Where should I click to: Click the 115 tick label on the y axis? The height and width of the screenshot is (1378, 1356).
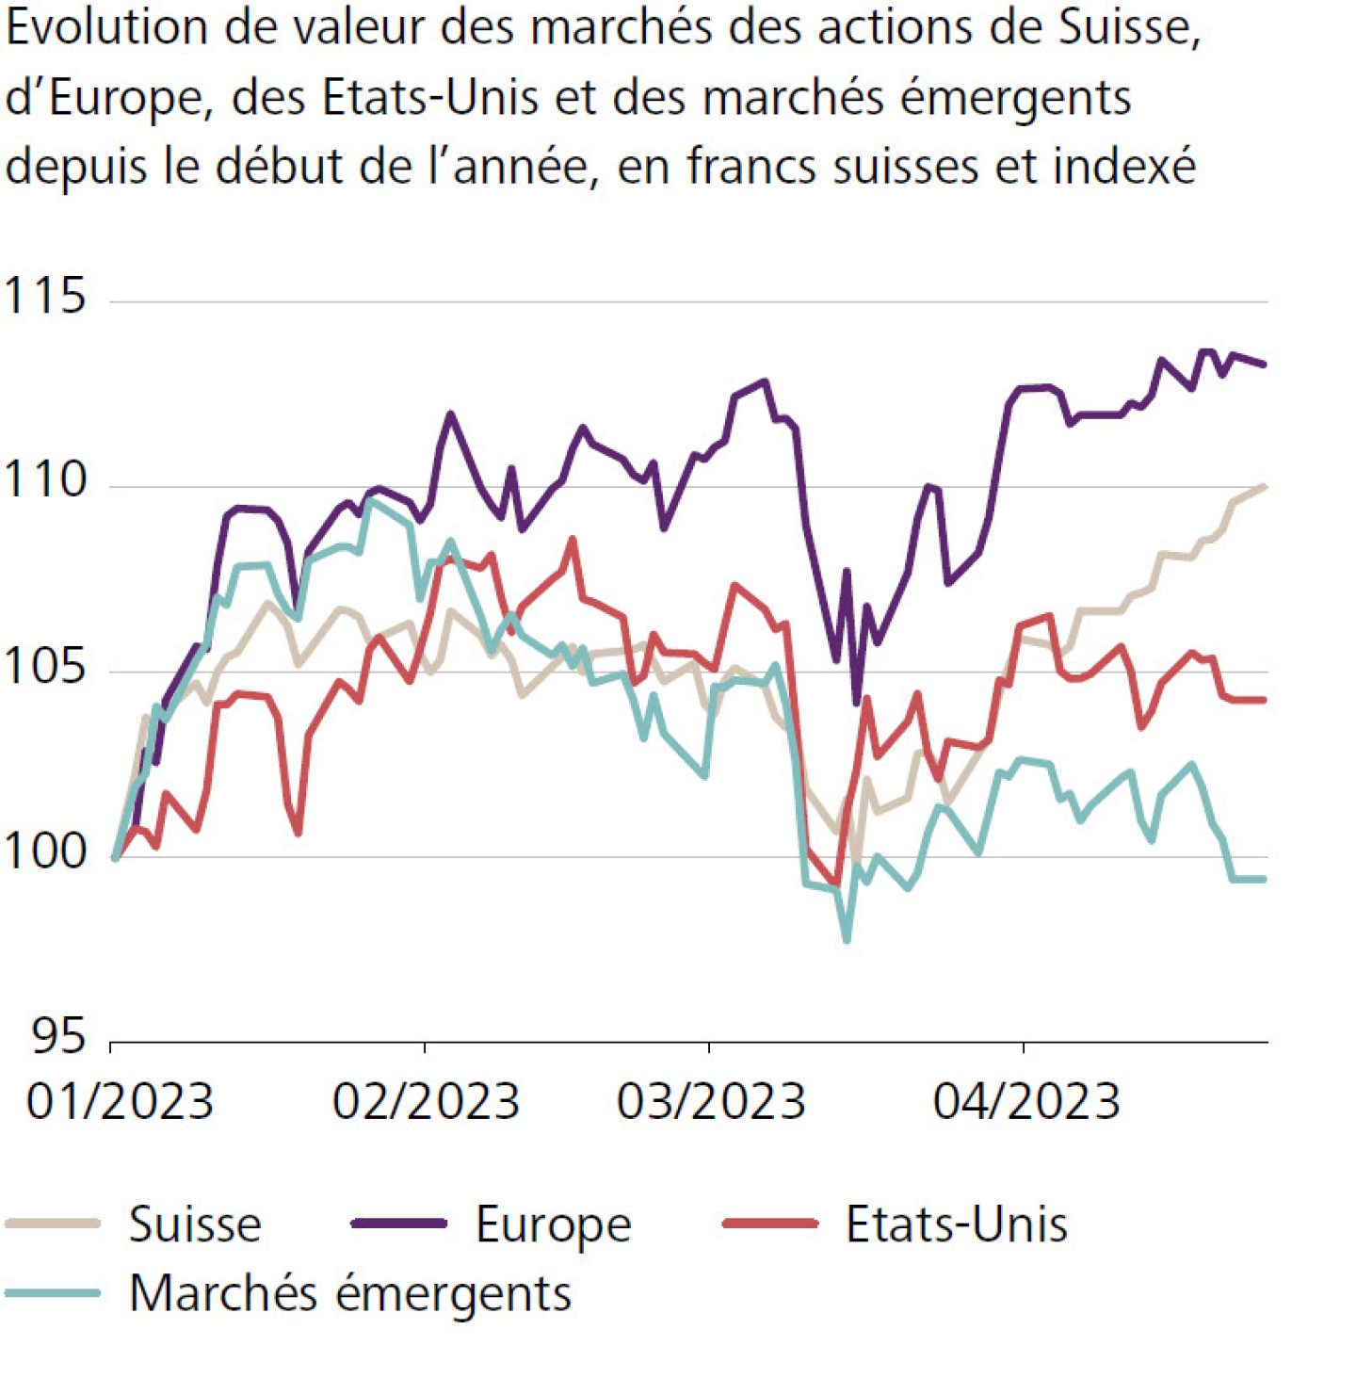(45, 296)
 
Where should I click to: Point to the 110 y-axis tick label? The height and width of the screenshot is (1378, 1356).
(45, 480)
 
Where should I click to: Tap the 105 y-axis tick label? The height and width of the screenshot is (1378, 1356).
(45, 667)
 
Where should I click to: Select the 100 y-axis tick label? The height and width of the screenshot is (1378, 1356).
(45, 851)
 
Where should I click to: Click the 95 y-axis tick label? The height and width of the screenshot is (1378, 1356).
(58, 1036)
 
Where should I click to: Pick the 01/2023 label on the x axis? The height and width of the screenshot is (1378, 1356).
(120, 1101)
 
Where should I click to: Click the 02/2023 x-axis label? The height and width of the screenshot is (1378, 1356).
(426, 1101)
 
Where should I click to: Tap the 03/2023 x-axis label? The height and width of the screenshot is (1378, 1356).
(711, 1101)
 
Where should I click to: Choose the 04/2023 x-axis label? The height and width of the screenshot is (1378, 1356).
(1026, 1101)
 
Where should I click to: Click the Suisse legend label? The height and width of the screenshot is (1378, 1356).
(195, 1225)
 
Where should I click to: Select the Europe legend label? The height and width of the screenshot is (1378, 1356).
(553, 1225)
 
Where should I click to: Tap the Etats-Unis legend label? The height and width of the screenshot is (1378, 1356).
(957, 1225)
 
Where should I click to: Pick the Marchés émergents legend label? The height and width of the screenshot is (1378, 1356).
(350, 1293)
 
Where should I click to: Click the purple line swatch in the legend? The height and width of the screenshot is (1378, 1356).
(398, 1224)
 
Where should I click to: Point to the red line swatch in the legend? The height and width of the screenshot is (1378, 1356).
(770, 1224)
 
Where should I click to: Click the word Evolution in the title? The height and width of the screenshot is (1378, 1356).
(107, 28)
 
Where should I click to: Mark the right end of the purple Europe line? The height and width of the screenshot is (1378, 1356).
(1263, 365)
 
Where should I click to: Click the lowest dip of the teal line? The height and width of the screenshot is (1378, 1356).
(847, 940)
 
